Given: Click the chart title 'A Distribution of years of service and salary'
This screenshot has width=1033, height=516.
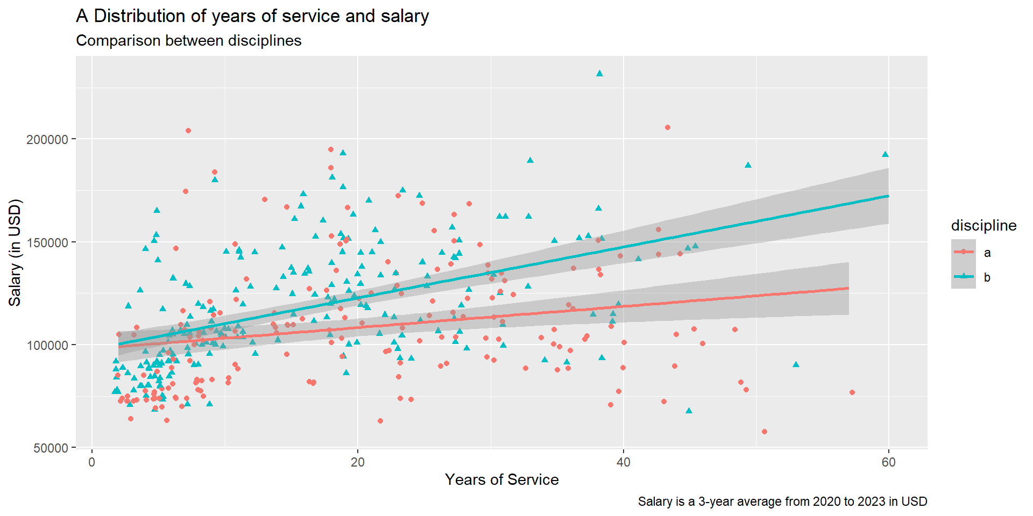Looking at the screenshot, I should [252, 16].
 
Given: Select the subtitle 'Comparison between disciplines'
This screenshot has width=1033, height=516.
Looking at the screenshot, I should [188, 41].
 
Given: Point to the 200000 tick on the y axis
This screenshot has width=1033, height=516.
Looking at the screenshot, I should [47, 139].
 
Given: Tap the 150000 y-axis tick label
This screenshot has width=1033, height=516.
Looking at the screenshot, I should [47, 242].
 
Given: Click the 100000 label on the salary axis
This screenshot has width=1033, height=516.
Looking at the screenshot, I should [47, 345].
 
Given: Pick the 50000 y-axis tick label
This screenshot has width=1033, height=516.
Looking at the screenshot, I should [51, 448].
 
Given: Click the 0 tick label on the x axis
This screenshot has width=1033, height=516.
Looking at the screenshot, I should [92, 462].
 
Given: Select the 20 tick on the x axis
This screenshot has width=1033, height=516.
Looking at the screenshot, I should [357, 462].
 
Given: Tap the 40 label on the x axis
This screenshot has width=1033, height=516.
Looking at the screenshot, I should [623, 462].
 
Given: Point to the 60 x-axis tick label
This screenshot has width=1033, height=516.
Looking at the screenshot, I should [888, 462].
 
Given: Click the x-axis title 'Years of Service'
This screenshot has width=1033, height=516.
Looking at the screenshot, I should [501, 479].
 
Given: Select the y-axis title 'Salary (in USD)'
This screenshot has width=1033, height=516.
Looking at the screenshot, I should [15, 253].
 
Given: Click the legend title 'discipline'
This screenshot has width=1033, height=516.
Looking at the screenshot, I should [984, 226].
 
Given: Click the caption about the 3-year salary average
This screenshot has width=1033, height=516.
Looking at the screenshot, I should [782, 501].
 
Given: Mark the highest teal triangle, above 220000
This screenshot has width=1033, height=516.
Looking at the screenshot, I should [599, 73].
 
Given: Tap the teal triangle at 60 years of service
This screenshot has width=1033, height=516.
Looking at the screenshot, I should [885, 154].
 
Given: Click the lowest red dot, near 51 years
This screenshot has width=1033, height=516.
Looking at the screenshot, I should [765, 432].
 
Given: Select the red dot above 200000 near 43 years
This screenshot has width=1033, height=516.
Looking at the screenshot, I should [667, 127].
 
